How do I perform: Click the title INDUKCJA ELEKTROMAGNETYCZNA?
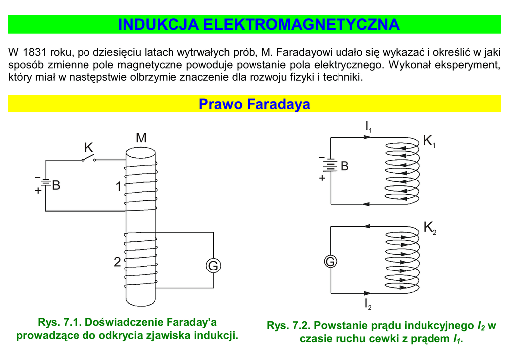click(258, 24)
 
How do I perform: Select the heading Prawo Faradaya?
click(254, 104)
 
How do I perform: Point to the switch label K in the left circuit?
click(88, 147)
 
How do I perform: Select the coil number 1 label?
click(118, 187)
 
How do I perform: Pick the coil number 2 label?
click(117, 262)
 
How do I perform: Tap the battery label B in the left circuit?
click(56, 185)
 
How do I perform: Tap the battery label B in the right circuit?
click(345, 166)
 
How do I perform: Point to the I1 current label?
click(368, 127)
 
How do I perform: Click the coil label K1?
click(429, 141)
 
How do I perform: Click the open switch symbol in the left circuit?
click(88, 159)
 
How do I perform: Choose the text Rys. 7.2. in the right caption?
click(288, 326)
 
